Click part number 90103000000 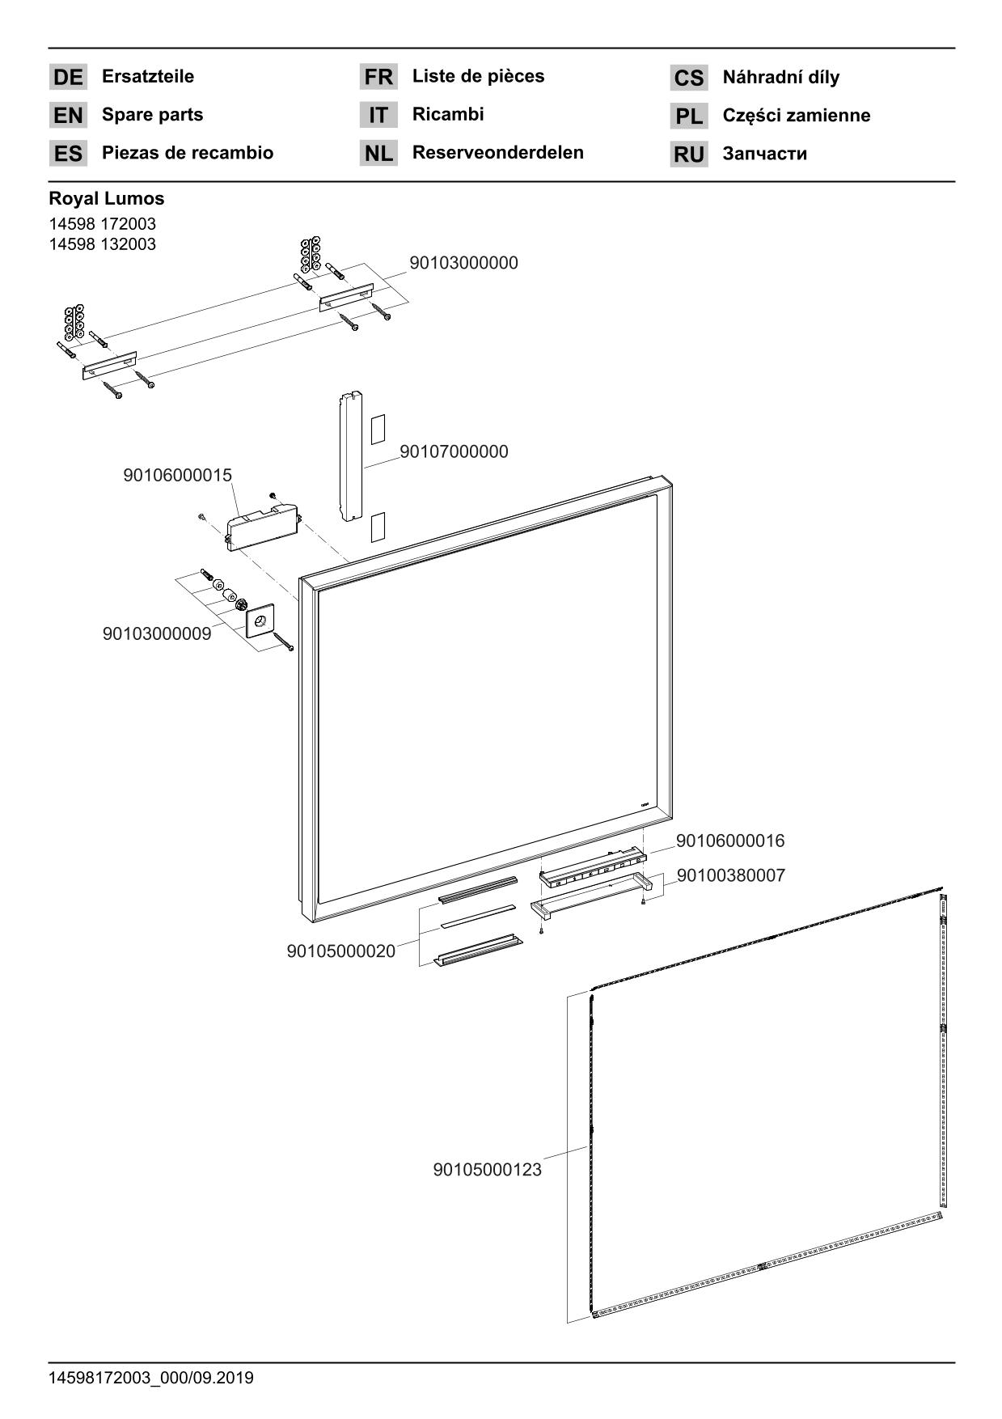(x=463, y=263)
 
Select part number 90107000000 (x=454, y=451)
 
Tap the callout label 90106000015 (x=177, y=475)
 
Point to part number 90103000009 (x=157, y=633)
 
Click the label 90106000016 (x=729, y=841)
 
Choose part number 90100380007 (x=730, y=875)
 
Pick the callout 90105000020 (x=341, y=951)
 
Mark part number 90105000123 (x=487, y=1170)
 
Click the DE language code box (x=68, y=78)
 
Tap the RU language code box (x=688, y=155)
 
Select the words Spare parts (x=152, y=115)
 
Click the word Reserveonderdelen (x=497, y=153)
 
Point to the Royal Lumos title (x=106, y=198)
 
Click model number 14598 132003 (x=102, y=244)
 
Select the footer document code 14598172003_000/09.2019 (x=151, y=1378)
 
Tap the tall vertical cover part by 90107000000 (x=350, y=456)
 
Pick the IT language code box (x=378, y=116)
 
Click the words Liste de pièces (x=478, y=77)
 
